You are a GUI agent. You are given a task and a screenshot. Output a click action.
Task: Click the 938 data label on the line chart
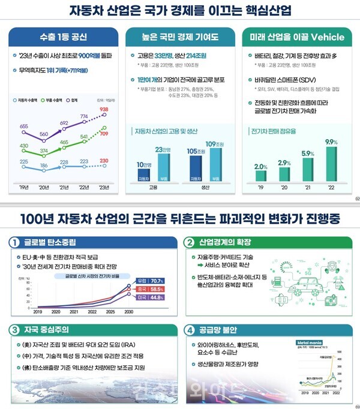point(104,109)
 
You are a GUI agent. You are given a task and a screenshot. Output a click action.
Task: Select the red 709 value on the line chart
point(104,134)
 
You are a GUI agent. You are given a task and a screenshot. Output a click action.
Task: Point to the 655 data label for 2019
point(24,127)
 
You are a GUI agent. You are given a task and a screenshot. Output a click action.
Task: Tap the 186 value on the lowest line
point(44,164)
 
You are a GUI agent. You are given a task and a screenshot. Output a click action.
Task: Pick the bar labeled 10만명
point(143,175)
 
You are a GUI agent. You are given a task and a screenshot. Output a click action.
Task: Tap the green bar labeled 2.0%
point(260,176)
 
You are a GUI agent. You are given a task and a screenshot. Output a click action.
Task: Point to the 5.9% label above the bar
point(308,154)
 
